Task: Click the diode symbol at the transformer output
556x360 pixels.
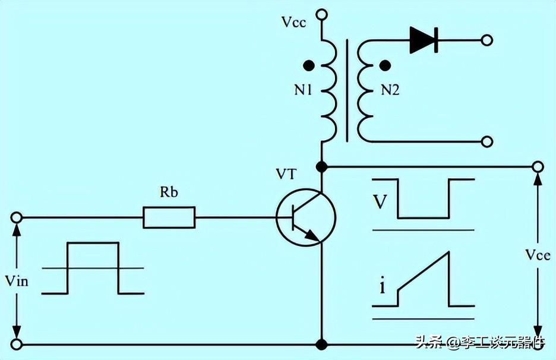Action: [x=424, y=40]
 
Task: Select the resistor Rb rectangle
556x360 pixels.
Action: [x=169, y=217]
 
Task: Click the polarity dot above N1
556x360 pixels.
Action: [x=308, y=65]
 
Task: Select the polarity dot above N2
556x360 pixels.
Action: [x=385, y=65]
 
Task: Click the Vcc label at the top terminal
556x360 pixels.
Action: [x=293, y=24]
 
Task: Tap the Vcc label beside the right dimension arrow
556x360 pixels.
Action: [x=538, y=255]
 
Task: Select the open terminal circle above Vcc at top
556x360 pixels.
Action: [x=321, y=13]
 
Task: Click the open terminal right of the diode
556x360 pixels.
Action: [x=487, y=40]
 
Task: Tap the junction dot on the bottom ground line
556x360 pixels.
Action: [x=321, y=344]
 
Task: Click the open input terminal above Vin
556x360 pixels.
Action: [x=17, y=217]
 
